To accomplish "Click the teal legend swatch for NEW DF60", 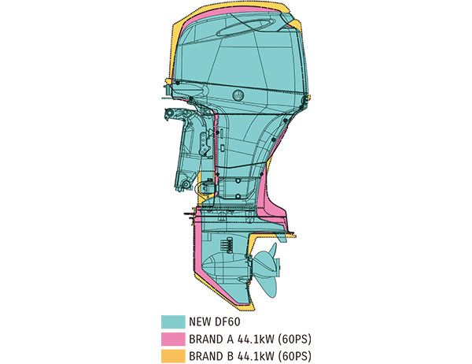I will coord(172,321).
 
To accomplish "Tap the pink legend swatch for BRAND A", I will coord(172,339).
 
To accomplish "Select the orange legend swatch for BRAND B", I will coord(172,355).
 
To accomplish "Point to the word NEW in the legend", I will coord(200,322).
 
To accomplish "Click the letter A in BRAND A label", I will coord(230,339).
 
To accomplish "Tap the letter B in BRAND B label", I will coord(230,356).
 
